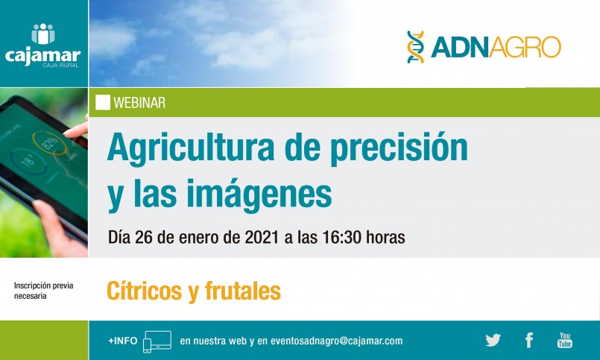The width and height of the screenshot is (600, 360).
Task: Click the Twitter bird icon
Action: (493, 340)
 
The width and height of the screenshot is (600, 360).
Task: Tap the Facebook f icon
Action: (529, 340)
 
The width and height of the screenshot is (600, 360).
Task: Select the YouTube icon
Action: (564, 340)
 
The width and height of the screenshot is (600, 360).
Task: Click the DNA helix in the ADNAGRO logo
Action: (415, 47)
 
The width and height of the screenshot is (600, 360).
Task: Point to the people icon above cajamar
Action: (43, 34)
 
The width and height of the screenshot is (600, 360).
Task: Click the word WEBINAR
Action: (139, 103)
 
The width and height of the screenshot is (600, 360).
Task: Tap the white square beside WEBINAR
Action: (103, 103)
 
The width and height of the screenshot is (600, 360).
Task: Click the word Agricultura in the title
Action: (191, 148)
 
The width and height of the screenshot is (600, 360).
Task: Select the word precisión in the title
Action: (399, 148)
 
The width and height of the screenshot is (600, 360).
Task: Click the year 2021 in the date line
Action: (262, 237)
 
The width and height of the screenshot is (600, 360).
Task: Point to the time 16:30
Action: (341, 237)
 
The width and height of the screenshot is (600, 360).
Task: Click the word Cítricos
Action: (145, 291)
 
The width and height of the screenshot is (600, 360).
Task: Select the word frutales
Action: (242, 291)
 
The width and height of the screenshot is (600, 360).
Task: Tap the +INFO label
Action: (122, 341)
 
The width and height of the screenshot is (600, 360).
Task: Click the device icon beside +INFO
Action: (157, 341)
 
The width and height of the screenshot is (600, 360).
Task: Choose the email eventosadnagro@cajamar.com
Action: (336, 341)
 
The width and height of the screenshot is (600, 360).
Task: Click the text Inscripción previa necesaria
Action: (44, 291)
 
